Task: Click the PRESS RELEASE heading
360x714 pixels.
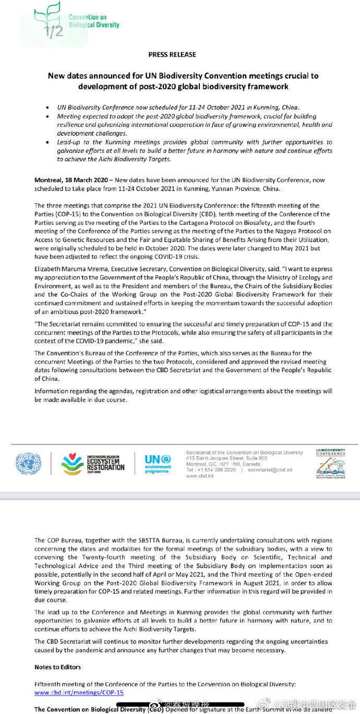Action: pyautogui.click(x=172, y=54)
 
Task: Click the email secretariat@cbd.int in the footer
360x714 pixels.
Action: pyautogui.click(x=270, y=470)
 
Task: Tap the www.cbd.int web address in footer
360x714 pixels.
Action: pyautogui.click(x=198, y=476)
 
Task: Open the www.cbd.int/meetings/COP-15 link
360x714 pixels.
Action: pyautogui.click(x=79, y=692)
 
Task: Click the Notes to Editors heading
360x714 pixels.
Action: pyautogui.click(x=57, y=667)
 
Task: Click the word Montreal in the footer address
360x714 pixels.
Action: pyautogui.click(x=196, y=464)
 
